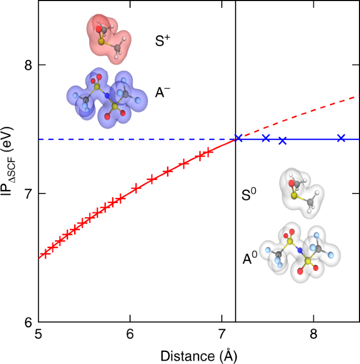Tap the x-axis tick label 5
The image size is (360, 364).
38,335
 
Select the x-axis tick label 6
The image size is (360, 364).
130,335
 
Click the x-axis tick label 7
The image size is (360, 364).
222,335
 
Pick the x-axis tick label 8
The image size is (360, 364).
313,335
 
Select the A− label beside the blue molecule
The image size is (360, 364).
162,92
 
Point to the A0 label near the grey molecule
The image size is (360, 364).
250,259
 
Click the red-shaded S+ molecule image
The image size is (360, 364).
106,37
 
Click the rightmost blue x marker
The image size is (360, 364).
341,138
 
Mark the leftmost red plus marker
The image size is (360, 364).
46,254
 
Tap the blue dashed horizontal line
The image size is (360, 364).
131,139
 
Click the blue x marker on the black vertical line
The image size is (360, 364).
239,138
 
